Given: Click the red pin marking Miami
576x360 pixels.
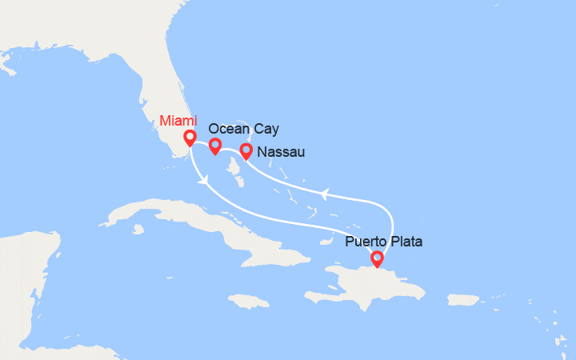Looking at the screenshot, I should (190, 138).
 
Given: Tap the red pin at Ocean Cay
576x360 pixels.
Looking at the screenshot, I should (215, 146).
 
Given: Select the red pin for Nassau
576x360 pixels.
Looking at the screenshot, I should (246, 150).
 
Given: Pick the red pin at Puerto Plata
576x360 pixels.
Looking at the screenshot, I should (377, 258).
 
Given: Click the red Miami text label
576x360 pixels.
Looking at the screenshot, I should (177, 121).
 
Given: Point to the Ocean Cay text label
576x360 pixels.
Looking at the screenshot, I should (244, 128).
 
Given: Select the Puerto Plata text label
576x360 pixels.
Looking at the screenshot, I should (383, 240).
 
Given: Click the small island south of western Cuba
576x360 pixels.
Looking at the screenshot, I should (138, 230).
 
